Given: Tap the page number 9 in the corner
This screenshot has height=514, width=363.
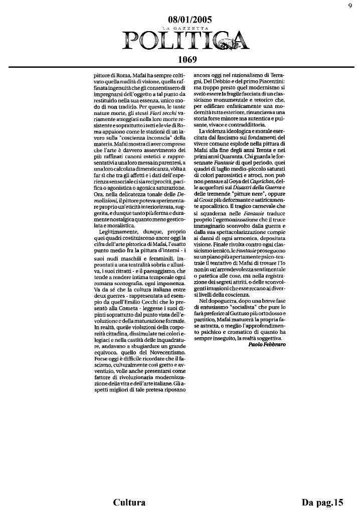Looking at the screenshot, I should (x=349, y=6).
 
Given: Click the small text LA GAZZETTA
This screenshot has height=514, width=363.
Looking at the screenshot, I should (x=190, y=29).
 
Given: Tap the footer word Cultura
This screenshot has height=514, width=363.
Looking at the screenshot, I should (x=129, y=502).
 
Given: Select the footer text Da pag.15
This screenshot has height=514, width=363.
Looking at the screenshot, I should (x=323, y=502).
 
